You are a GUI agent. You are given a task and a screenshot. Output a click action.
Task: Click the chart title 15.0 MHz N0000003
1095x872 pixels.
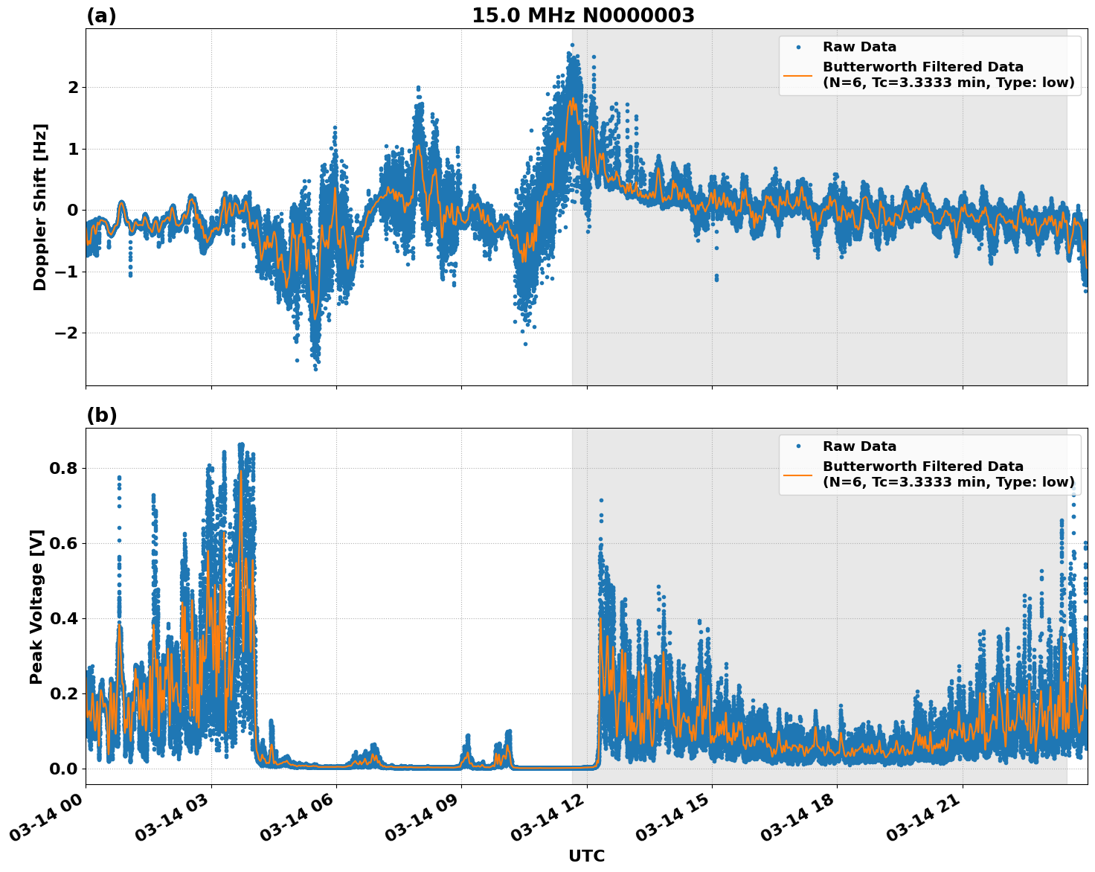tap(582, 16)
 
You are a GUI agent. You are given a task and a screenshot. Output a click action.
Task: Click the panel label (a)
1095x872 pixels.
tap(101, 16)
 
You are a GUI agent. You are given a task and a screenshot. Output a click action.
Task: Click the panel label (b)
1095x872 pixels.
tap(101, 415)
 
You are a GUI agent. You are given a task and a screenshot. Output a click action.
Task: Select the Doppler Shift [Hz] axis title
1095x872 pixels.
tap(40, 207)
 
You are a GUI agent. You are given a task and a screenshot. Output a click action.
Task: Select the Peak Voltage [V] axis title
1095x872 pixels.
tap(36, 606)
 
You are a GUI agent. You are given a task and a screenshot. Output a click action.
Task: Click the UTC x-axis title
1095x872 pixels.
tap(586, 856)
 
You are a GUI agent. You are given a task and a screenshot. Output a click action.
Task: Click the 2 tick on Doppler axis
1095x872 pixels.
tap(73, 87)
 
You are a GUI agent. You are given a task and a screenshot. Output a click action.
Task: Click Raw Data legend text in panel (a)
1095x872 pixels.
tap(859, 47)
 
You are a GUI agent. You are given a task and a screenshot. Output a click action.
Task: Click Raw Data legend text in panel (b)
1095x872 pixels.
tap(859, 446)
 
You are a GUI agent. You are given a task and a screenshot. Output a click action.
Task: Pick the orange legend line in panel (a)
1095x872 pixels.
tap(797, 75)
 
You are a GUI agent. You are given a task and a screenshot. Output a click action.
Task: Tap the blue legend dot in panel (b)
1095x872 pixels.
tap(797, 446)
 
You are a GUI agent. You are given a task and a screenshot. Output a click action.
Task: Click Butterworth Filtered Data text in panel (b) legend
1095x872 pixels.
tap(922, 467)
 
